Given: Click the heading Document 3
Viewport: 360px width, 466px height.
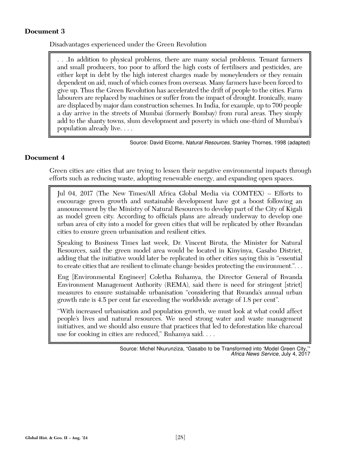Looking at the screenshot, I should coord(44,31).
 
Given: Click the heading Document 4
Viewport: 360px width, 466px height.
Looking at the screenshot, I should coord(44,158).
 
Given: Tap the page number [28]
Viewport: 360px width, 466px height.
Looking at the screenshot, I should coord(180,437).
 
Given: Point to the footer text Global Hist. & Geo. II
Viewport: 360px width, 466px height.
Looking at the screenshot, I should coord(47,438).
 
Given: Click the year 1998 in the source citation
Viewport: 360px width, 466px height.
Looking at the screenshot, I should coord(280,142).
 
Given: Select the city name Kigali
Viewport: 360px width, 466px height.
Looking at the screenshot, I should coord(293,209).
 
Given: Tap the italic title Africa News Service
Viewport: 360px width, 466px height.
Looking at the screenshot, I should coord(254,354).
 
